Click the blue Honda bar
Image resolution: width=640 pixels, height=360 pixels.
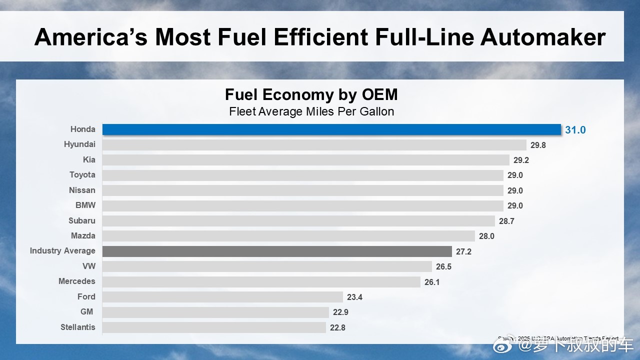coord(331,129)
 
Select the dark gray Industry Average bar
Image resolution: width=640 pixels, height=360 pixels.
coord(277,251)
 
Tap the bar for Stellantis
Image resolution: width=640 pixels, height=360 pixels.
coord(214,327)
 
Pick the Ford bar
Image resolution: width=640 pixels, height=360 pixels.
coord(222,297)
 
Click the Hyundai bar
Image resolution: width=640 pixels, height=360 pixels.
coord(314,145)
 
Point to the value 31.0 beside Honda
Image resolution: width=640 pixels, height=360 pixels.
coord(575,130)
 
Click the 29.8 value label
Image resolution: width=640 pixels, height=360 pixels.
coord(538,145)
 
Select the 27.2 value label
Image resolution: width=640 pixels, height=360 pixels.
coord(463,251)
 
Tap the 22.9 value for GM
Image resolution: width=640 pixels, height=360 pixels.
coord(340,312)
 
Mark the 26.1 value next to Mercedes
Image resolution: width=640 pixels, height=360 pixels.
coord(432,282)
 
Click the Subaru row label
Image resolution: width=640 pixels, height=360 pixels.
coord(82,220)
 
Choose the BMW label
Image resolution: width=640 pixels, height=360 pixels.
coord(85,205)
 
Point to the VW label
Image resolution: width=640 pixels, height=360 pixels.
coord(88,266)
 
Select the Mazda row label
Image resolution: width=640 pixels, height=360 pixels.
coord(83,235)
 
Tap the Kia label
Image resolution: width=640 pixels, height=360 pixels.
coord(89,159)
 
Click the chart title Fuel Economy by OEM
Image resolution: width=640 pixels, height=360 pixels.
coord(311,94)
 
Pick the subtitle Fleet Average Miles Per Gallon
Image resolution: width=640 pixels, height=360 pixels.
coord(311,111)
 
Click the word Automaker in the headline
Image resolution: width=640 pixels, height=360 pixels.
coord(543,37)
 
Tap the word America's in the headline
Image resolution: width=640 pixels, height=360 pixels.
coord(90,37)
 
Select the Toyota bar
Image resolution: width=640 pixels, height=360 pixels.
coord(302,175)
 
